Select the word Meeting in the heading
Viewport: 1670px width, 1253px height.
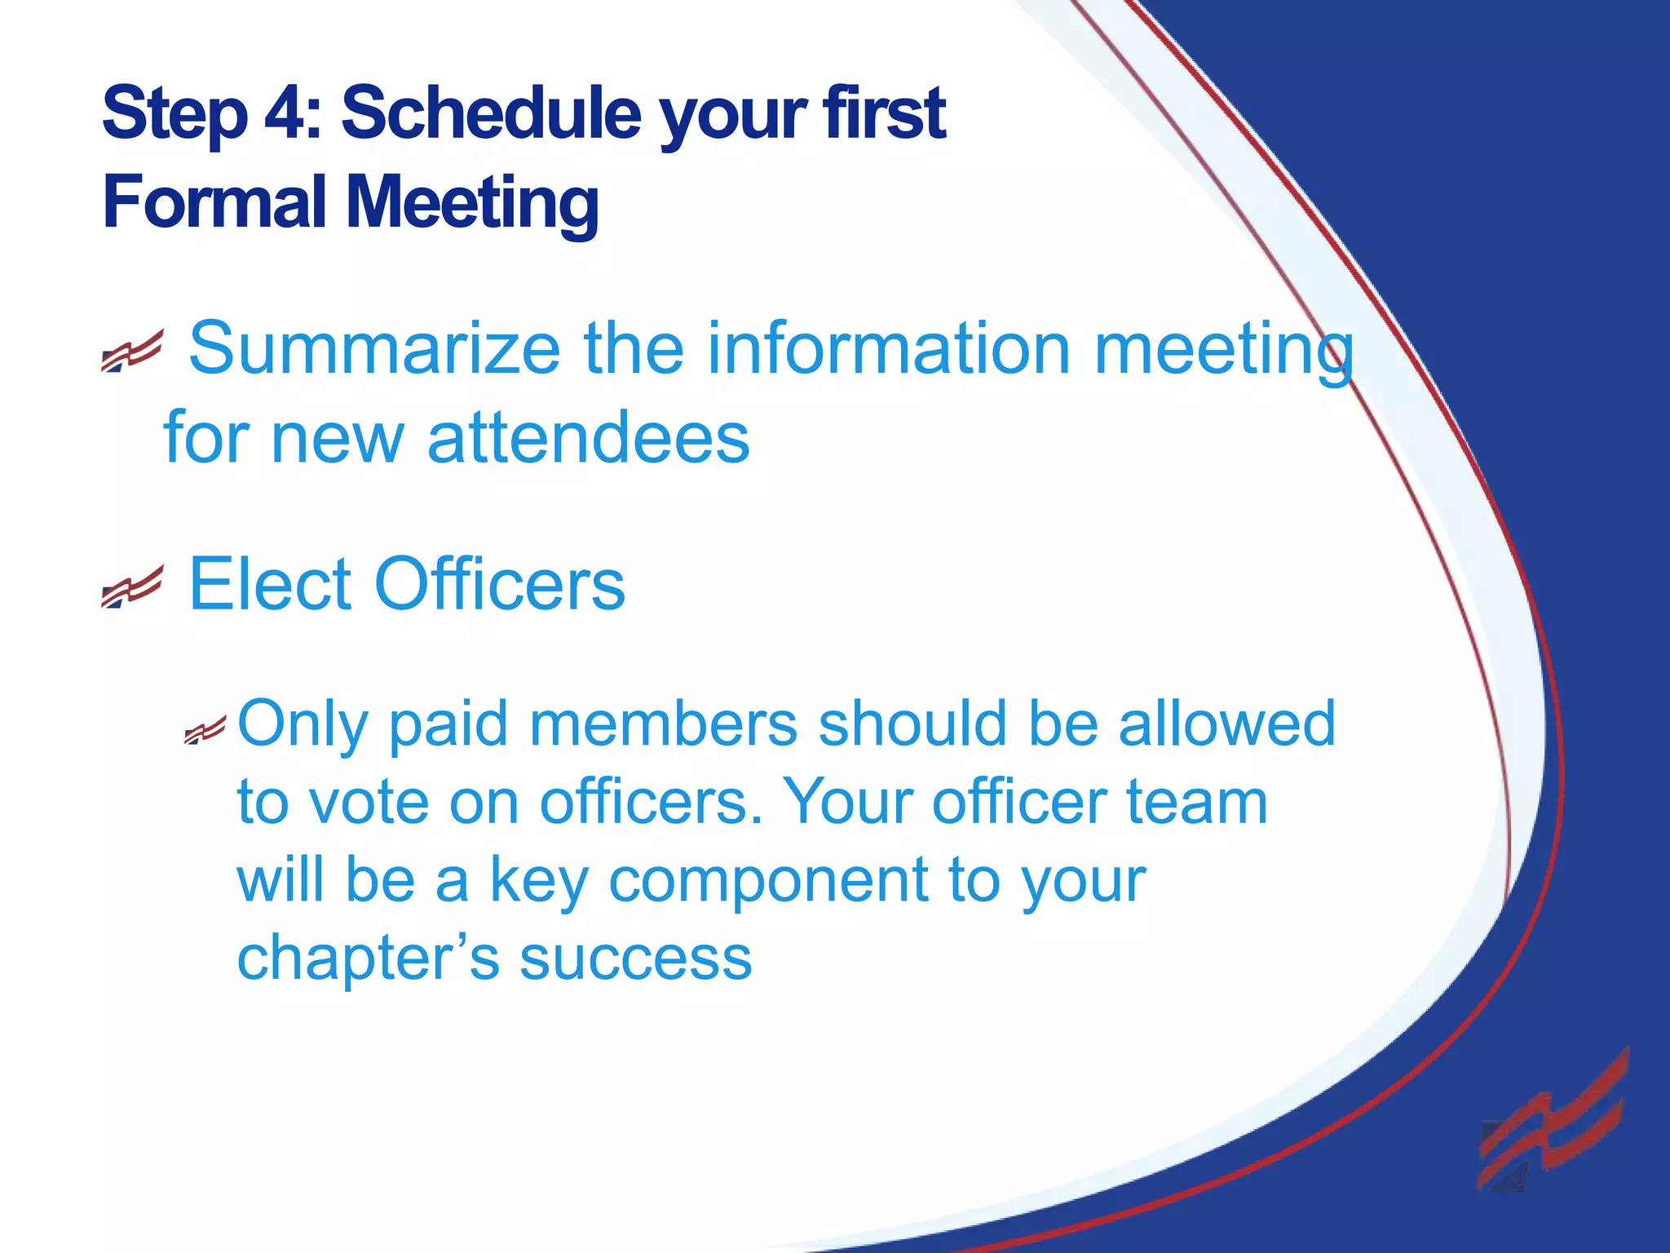474,204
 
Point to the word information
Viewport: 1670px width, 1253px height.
889,348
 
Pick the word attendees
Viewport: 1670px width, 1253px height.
588,438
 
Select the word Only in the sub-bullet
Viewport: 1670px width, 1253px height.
302,724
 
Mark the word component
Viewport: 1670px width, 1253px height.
769,881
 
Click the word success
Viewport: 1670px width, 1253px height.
636,958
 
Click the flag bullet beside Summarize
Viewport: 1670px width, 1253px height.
132,352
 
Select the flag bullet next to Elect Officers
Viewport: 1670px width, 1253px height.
132,587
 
